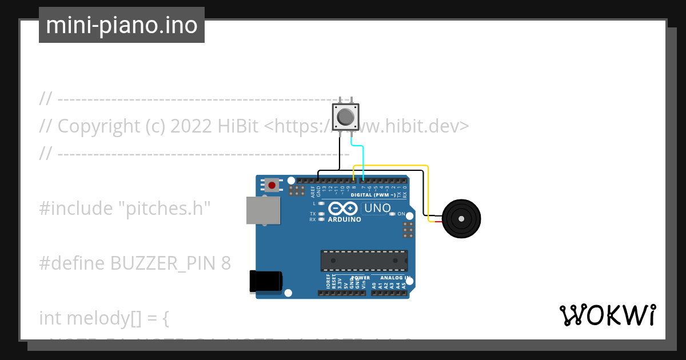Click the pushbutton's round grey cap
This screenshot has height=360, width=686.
345,117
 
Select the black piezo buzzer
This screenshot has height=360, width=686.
461,219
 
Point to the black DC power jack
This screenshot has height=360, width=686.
266,282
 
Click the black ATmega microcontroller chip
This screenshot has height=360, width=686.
364,260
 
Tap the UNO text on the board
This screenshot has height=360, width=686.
377,209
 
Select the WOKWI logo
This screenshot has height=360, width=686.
607,315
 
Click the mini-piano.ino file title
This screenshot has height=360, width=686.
122,25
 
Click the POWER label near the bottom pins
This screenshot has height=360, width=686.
361,278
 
